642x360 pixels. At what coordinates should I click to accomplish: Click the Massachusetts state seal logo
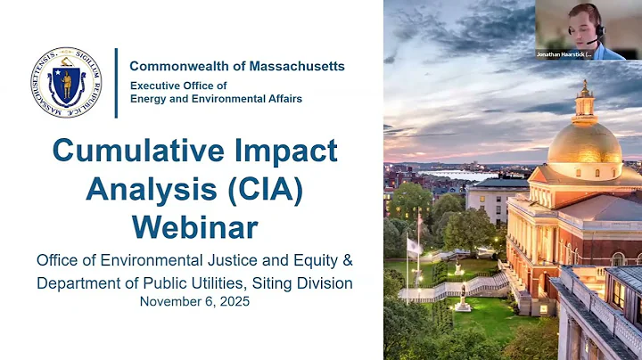65,83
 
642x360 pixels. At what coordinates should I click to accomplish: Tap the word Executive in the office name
158,84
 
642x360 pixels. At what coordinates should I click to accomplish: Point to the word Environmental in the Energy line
214,98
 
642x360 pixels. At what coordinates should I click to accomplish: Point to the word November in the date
170,302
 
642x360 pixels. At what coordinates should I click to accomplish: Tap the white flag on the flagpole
413,246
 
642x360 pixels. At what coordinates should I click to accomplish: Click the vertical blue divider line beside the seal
116,83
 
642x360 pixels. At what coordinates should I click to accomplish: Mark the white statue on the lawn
462,299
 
